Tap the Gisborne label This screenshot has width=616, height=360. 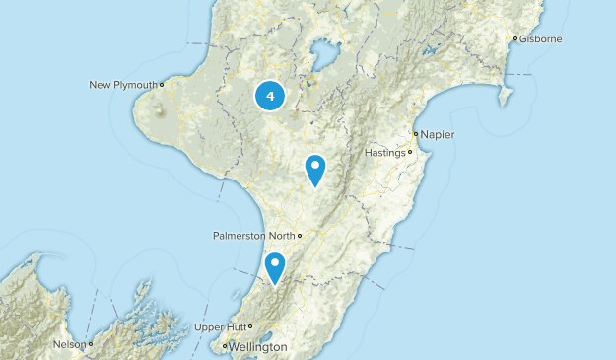tap(541, 39)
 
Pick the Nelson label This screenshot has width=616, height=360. tap(68, 344)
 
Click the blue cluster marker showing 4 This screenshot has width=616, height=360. tap(270, 97)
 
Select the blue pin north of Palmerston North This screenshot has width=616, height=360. tap(315, 169)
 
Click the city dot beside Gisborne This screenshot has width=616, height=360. tap(515, 39)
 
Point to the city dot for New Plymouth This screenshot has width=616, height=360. tap(162, 85)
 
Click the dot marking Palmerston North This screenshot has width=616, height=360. tap(300, 236)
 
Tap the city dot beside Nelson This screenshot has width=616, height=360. tap(90, 344)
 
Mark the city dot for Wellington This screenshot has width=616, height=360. tap(225, 347)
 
